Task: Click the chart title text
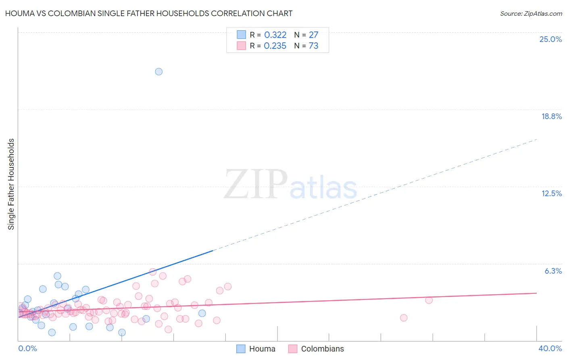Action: coord(149,13)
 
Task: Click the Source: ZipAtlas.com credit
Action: coord(531,13)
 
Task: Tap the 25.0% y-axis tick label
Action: coord(550,39)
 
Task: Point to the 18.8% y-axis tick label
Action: coord(551,116)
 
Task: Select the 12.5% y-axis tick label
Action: coord(551,193)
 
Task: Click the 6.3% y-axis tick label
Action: coord(553,271)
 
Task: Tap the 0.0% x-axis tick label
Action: coord(27,348)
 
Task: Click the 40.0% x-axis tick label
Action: coord(550,348)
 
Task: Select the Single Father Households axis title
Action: coord(11,184)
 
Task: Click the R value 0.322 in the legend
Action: coord(275,35)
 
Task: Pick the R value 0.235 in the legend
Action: coord(275,46)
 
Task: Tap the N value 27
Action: coord(313,35)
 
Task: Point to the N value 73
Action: coord(313,46)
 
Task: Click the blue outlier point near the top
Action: coord(159,71)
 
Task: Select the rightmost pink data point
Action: coord(429,300)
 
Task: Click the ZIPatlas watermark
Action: coord(290,184)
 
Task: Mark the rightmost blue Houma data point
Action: coord(202,313)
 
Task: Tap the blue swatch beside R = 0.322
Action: coord(241,35)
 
